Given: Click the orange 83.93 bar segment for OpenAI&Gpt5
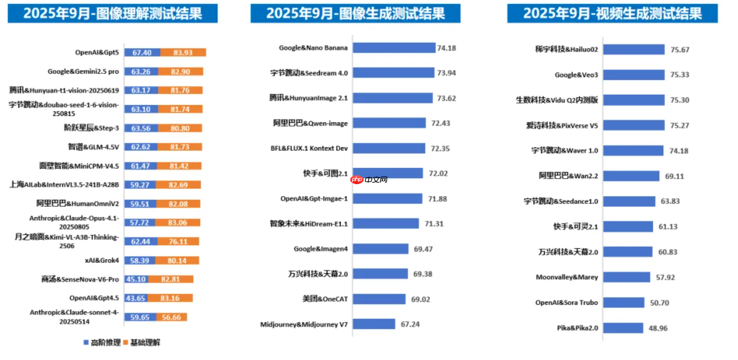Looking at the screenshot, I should click(x=183, y=53).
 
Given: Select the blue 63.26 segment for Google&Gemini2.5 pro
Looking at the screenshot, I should click(x=141, y=72).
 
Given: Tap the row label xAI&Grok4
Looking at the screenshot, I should click(x=102, y=260).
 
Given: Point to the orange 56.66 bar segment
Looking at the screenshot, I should click(x=171, y=317).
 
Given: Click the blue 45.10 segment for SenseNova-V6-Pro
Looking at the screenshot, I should click(x=136, y=279).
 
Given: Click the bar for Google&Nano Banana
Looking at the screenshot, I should click(x=394, y=48).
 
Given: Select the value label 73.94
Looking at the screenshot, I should click(x=446, y=73).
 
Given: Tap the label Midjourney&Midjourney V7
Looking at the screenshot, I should click(x=304, y=324).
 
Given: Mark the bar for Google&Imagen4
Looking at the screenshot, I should click(x=380, y=249).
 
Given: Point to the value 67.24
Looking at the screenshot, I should click(x=410, y=324).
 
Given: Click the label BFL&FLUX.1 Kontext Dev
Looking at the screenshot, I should click(x=309, y=148).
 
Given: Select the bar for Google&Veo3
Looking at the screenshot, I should click(x=633, y=75).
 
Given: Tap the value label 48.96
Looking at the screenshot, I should click(x=658, y=328).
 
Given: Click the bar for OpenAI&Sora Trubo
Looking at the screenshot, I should click(x=623, y=303).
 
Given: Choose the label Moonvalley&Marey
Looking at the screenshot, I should click(x=566, y=277).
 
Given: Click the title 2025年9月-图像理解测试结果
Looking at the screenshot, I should click(x=113, y=13).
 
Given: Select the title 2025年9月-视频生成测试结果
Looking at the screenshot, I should click(x=612, y=13).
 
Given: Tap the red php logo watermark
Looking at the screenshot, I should click(x=357, y=180).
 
